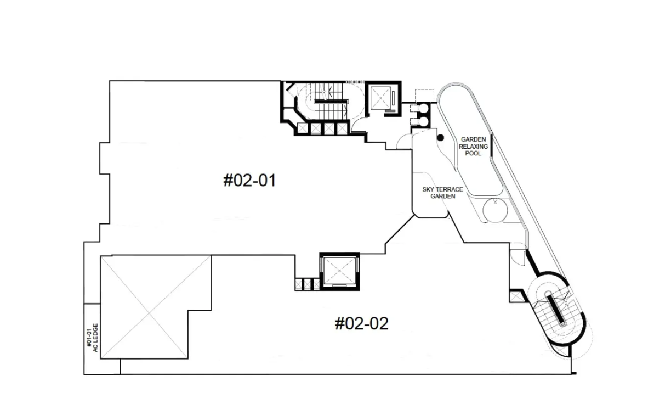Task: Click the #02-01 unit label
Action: (x=249, y=181)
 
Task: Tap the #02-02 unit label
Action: (x=362, y=323)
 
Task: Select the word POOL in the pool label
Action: (x=473, y=153)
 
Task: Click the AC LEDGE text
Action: (x=95, y=338)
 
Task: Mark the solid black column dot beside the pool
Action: (x=440, y=138)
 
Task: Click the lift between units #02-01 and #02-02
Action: (x=339, y=271)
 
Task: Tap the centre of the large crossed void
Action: (x=150, y=313)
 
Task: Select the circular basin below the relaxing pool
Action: (x=495, y=210)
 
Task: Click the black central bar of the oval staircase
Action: (x=556, y=309)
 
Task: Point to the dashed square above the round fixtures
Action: (x=424, y=96)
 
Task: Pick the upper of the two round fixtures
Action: (x=423, y=108)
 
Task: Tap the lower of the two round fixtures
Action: (x=423, y=121)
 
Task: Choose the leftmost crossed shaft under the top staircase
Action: (x=302, y=128)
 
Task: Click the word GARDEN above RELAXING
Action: (x=473, y=139)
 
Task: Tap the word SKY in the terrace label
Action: (x=428, y=189)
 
